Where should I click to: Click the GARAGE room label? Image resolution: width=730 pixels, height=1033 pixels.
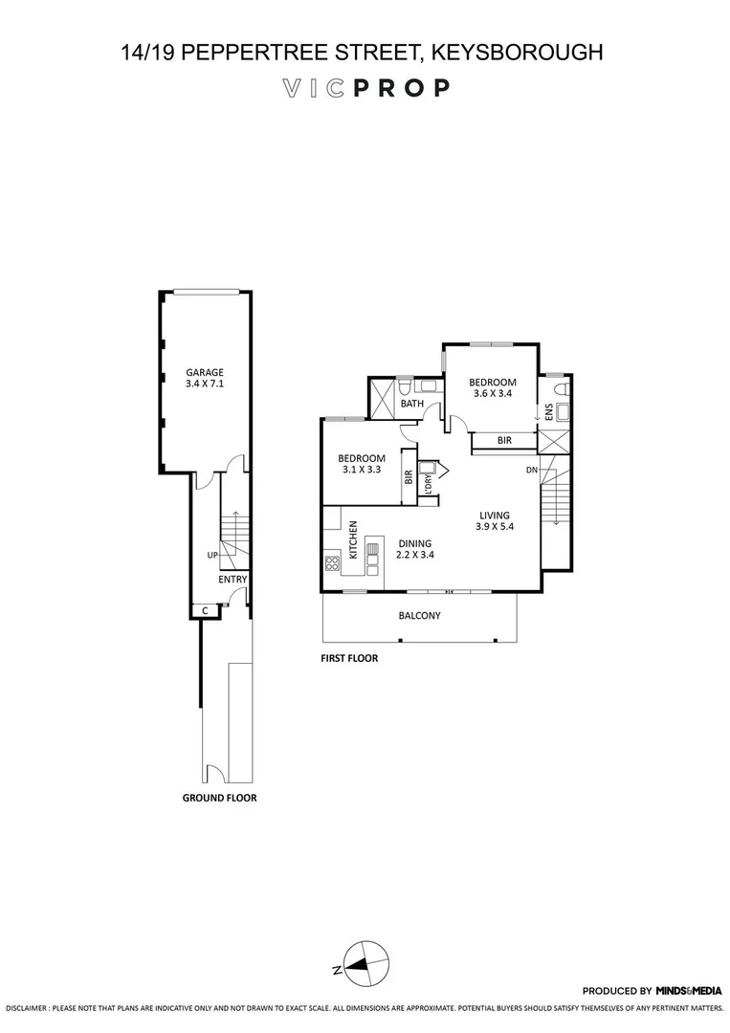[205, 372]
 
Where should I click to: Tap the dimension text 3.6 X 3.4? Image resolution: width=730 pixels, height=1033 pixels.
[493, 393]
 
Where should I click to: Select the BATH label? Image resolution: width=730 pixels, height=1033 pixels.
[412, 404]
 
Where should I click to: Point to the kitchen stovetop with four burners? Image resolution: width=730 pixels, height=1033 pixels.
[333, 562]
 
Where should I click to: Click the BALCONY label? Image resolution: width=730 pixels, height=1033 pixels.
[420, 616]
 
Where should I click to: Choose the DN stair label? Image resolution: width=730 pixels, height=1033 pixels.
[532, 471]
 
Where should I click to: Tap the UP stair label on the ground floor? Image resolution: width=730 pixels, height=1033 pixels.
[212, 555]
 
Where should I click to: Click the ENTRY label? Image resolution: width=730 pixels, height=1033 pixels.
[232, 580]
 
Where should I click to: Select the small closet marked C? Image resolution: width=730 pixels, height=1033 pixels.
[205, 609]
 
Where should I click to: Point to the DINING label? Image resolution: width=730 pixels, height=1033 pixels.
[415, 543]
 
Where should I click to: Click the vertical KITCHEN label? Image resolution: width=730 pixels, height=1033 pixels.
[354, 540]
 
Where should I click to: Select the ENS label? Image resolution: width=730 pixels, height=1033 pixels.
[549, 412]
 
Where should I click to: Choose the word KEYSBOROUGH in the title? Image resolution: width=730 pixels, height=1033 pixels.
[519, 53]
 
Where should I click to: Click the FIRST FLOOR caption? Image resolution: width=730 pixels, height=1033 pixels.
[350, 658]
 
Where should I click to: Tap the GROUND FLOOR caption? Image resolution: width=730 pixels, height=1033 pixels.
[220, 797]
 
